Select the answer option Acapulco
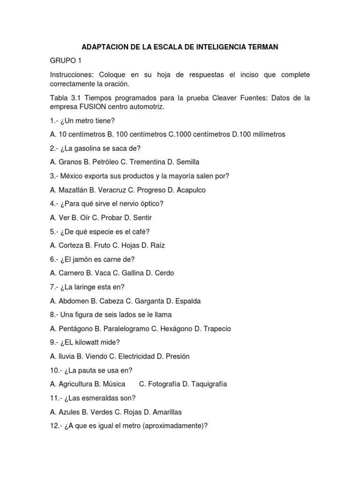tap(190, 190)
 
